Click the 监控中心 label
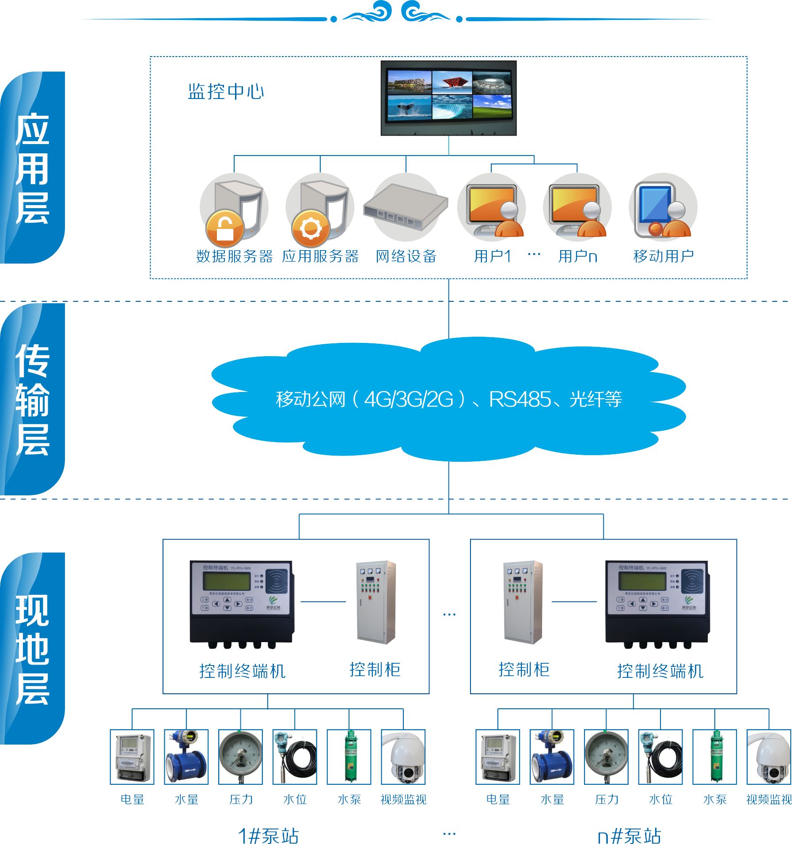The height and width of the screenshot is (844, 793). point(226,91)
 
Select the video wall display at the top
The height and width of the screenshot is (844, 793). point(448,98)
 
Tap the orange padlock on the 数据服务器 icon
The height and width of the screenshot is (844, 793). point(225,228)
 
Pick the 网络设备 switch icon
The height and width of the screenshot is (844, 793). point(406,206)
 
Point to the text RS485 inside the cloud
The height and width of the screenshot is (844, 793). point(520,399)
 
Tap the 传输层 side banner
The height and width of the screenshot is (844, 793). point(32,399)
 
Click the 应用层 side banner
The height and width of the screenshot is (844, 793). point(32,168)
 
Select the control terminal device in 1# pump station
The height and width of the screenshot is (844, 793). point(242,604)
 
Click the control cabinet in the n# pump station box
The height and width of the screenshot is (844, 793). point(523,602)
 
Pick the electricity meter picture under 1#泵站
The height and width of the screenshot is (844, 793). point(132,757)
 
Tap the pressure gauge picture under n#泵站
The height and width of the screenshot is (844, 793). point(606,757)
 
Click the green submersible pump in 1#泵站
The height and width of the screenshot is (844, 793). point(349,757)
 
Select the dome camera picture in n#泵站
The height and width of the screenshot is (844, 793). point(768,757)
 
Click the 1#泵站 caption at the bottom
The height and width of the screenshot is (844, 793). point(268,835)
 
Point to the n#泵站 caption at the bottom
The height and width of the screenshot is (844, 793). point(629,835)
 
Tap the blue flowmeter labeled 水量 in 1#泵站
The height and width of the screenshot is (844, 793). point(186,757)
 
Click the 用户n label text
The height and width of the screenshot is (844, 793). point(577,256)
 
